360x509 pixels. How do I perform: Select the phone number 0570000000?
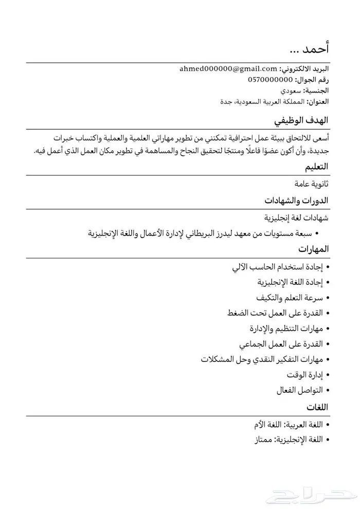point(270,79)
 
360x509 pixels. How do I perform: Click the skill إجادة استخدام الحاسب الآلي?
point(277,267)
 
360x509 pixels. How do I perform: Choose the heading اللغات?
point(317,407)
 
